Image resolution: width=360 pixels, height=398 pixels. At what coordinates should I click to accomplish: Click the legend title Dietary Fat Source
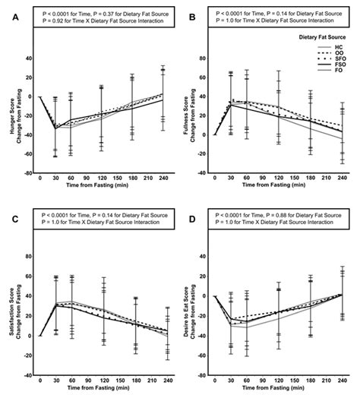[x=320, y=36]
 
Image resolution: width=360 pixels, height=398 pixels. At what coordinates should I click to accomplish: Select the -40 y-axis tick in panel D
[x=207, y=374]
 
